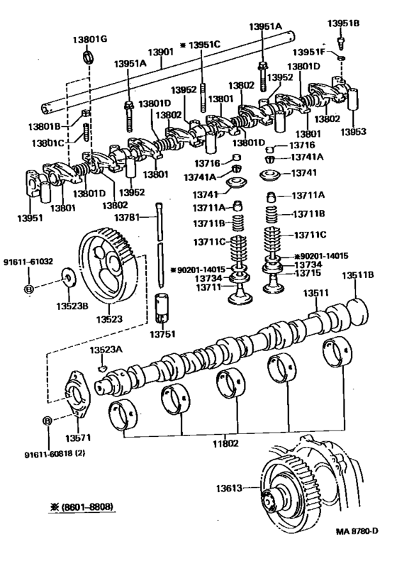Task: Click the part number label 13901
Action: (160, 52)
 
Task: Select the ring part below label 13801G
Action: (88, 57)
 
